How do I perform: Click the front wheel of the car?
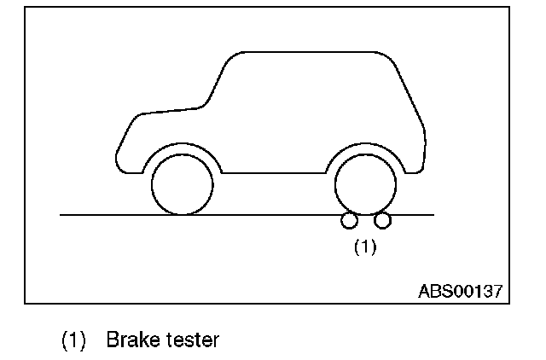[x=182, y=185]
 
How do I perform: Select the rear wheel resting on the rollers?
[x=364, y=185]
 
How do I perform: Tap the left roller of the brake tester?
[x=349, y=221]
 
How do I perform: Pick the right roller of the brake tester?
[x=382, y=221]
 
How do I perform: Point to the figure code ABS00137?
[x=460, y=290]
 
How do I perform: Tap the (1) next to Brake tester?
[x=74, y=340]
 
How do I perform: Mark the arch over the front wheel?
[x=182, y=147]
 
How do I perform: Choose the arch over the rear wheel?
[x=364, y=147]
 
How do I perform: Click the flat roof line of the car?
[x=307, y=54]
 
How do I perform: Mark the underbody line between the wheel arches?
[x=273, y=172]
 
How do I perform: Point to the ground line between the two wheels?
[x=273, y=215]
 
